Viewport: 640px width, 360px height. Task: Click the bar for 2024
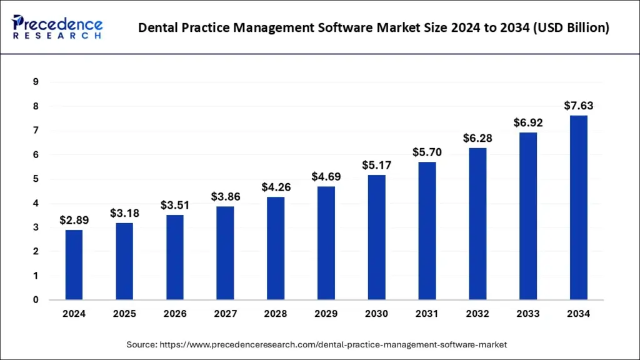tap(74, 265)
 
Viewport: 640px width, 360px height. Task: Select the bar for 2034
tap(578, 207)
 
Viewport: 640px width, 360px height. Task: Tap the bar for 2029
tap(326, 243)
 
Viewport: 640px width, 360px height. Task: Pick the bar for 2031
tap(427, 231)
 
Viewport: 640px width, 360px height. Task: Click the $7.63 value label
tap(578, 106)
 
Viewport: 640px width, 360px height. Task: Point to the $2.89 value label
tap(74, 220)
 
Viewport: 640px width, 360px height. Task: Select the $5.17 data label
tap(376, 166)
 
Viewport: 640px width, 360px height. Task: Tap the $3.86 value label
tap(225, 197)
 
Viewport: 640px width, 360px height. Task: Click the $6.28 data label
tap(477, 138)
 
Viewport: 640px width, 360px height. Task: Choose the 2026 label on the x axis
tap(174, 314)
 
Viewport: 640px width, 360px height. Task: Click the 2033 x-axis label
tap(528, 314)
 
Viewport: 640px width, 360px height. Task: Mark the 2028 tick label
tap(276, 314)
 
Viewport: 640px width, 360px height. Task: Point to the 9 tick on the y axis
tap(36, 82)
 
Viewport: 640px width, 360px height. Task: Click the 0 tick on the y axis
tap(36, 300)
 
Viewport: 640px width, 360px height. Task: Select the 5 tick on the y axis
tap(36, 179)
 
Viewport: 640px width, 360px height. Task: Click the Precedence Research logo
tap(57, 26)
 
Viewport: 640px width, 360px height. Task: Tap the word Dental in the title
tap(158, 27)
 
